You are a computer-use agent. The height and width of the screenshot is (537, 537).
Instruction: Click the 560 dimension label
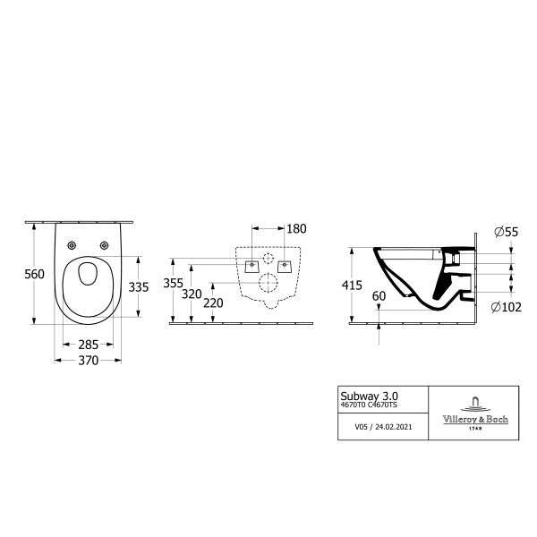34,274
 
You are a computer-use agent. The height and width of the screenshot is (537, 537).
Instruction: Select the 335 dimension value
139,287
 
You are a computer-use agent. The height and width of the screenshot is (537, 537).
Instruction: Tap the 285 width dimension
89,345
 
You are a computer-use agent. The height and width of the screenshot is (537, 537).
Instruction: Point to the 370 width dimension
89,361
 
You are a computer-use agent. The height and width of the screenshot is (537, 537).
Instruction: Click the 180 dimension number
296,229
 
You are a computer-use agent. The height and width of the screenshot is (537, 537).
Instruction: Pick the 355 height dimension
174,283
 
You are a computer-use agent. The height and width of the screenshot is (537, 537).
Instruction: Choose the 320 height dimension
192,294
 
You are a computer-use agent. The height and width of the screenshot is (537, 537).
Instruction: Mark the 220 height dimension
213,303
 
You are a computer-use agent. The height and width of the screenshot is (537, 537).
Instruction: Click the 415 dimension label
352,286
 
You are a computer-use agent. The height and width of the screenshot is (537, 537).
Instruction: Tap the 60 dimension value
379,296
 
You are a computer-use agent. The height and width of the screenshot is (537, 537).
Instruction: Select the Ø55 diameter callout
507,232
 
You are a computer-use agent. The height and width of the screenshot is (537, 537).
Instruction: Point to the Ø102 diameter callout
507,307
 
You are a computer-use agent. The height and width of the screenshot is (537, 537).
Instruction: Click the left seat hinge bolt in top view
72,245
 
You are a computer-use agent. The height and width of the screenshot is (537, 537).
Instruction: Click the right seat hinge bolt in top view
104,245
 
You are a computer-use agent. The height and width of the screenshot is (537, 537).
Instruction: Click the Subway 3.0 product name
369,396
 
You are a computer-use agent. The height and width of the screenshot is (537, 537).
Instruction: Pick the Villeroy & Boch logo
475,413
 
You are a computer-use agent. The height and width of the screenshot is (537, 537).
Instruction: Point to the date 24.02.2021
394,427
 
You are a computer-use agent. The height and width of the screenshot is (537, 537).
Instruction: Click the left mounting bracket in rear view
251,267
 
